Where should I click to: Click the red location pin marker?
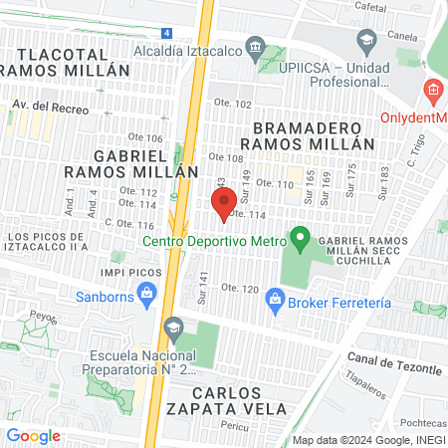[225, 199]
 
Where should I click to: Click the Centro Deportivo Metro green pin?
[298, 240]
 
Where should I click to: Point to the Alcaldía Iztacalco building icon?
[256, 47]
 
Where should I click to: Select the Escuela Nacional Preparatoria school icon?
[174, 328]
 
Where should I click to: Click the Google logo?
[34, 435]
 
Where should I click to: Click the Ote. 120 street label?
[240, 288]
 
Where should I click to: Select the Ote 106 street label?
[144, 137]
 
